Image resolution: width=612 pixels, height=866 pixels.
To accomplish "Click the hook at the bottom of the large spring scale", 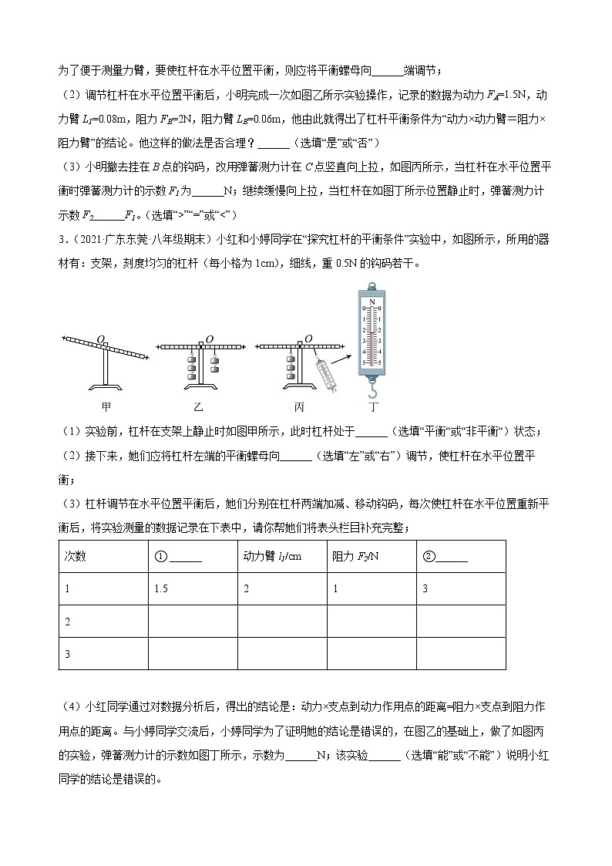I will (x=373, y=388).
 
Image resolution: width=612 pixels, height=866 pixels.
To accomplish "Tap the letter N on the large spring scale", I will (x=372, y=302).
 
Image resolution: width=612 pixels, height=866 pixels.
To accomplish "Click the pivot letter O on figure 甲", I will (x=100, y=338).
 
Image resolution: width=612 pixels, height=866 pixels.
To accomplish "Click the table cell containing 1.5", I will (x=161, y=588).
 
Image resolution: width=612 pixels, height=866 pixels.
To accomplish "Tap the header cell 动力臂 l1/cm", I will (x=272, y=556).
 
